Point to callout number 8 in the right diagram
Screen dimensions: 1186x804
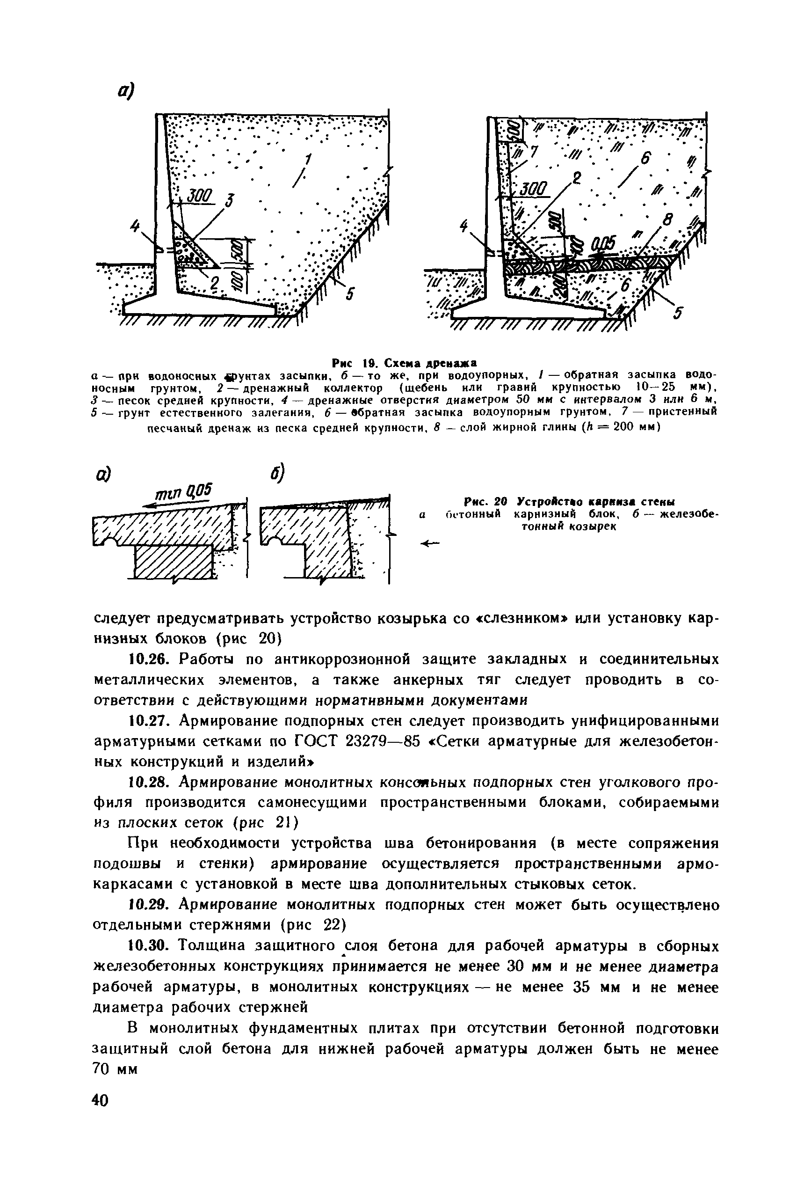point(666,220)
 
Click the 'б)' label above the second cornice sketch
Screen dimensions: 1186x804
point(276,474)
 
